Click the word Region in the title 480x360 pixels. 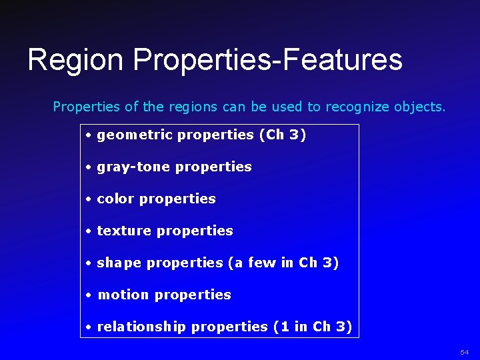75,60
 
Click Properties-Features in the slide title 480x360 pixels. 267,60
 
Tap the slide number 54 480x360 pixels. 465,351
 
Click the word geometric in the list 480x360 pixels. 135,135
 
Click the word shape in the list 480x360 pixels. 119,263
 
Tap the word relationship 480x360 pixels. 142,327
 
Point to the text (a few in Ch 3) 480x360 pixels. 283,263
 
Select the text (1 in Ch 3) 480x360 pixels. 312,327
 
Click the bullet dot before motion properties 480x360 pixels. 88,295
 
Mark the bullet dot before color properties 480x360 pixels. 88,199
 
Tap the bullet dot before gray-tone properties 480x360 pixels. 88,167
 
